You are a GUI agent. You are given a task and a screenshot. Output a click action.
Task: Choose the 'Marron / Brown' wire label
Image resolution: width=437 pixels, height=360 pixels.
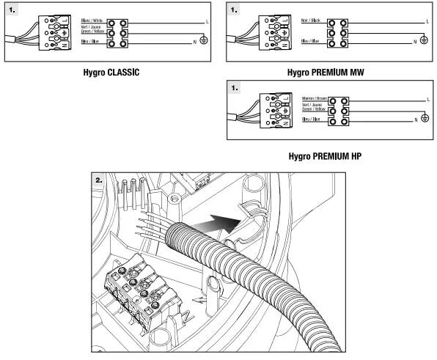(x=312, y=98)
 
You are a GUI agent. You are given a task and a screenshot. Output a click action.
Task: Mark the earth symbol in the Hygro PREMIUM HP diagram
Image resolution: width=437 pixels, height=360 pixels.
(x=423, y=118)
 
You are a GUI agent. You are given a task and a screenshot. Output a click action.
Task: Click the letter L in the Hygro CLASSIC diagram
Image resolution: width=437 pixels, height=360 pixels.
(x=199, y=23)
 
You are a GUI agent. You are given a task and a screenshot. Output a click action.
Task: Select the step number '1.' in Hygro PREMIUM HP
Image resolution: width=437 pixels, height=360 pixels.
(x=236, y=86)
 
